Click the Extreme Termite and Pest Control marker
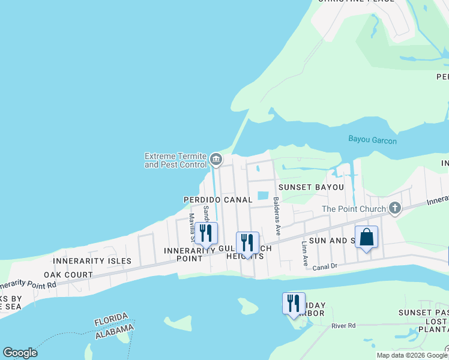(216, 160)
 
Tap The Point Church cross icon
(394, 209)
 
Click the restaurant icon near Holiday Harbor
(294, 303)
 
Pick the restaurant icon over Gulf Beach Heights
(247, 243)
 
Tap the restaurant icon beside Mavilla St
(206, 233)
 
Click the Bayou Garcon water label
(372, 140)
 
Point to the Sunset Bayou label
(311, 187)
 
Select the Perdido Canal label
(217, 199)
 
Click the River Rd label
(343, 326)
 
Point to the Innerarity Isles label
(92, 261)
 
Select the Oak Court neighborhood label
(73, 275)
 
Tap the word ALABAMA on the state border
(114, 329)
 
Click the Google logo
(20, 353)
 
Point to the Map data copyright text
(412, 355)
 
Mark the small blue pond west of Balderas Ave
(262, 195)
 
